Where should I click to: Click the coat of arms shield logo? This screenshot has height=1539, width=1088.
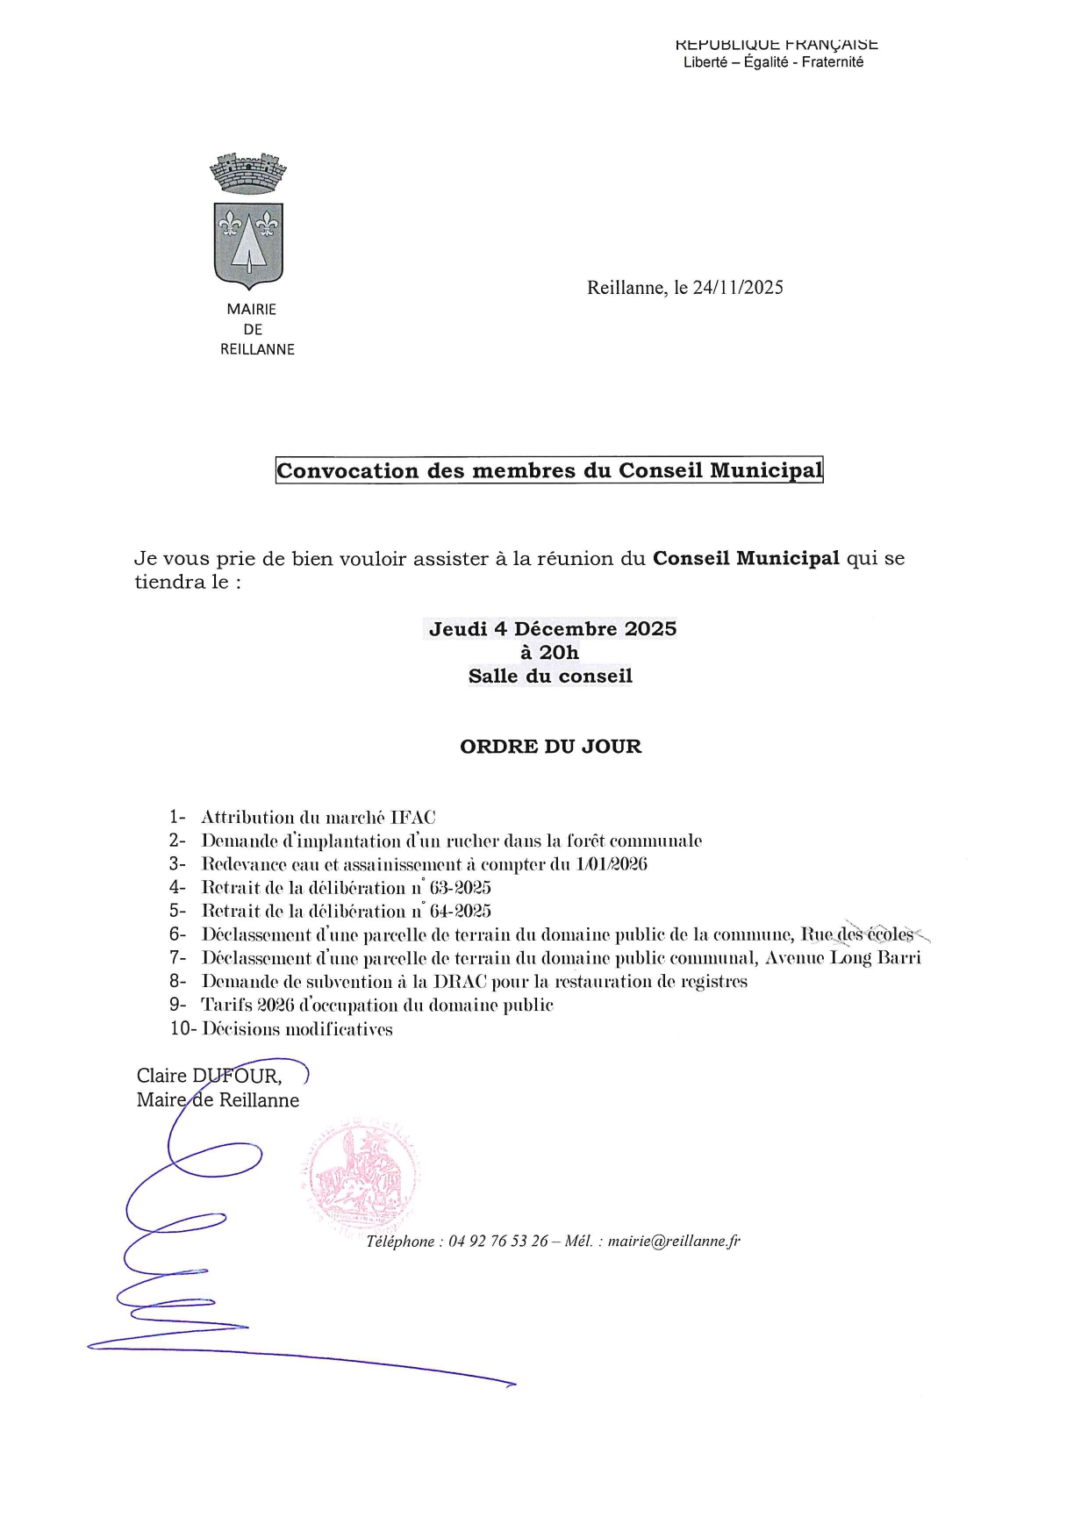(x=249, y=245)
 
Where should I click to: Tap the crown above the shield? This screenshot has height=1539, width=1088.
(x=249, y=173)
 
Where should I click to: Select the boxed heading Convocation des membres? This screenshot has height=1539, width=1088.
(x=549, y=470)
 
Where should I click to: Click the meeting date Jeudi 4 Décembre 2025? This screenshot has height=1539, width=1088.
(x=553, y=629)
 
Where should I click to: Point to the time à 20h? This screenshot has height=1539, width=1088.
(x=550, y=653)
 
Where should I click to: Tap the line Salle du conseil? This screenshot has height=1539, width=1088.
(x=550, y=676)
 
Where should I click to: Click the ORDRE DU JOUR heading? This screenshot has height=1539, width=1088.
(x=550, y=747)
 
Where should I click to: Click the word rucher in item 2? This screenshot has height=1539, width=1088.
(x=472, y=841)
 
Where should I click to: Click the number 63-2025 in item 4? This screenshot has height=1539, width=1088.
(x=460, y=888)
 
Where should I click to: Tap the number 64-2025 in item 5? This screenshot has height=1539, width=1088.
(x=460, y=912)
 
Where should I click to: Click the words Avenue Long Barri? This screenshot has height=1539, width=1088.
(x=843, y=958)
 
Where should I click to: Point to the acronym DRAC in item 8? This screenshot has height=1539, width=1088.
(x=460, y=982)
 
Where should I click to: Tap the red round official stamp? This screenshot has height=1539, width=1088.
(x=361, y=1177)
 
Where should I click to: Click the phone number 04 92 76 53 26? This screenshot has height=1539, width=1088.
(x=498, y=1242)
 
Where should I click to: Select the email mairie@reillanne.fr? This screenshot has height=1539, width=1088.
(x=674, y=1242)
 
